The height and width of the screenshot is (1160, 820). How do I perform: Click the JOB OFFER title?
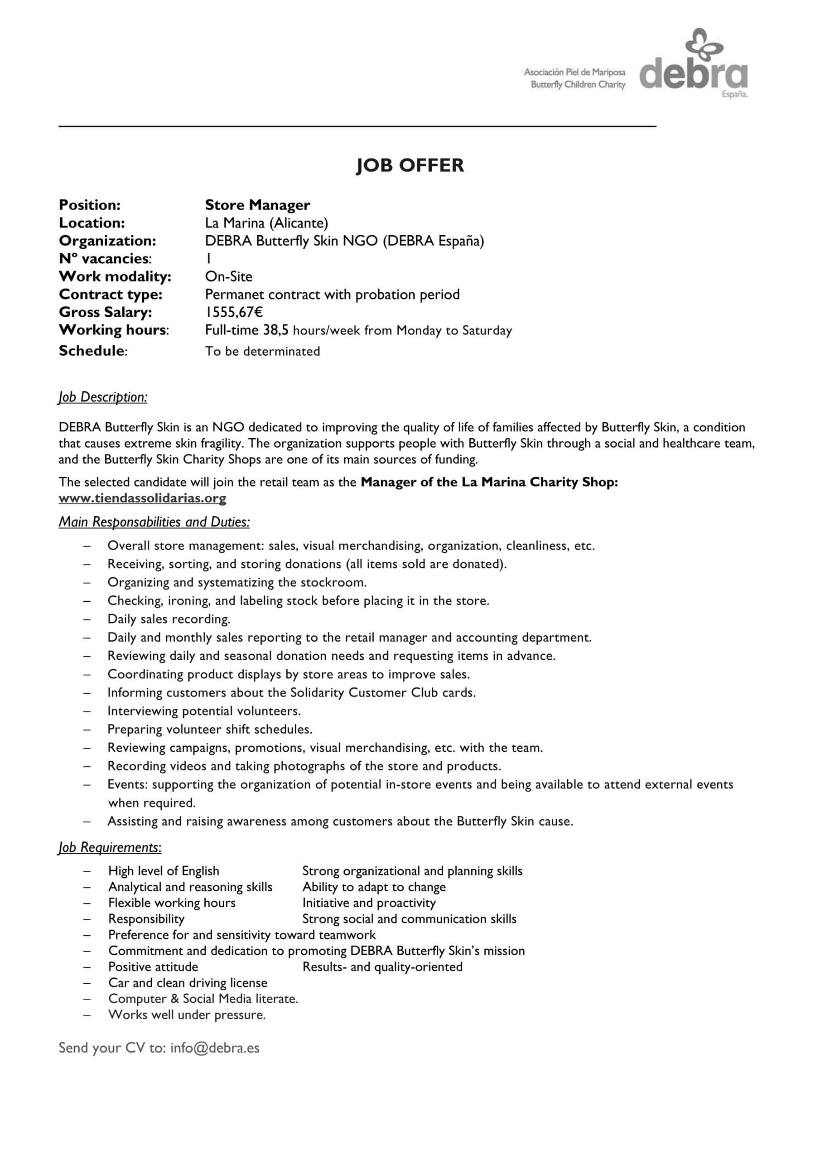click(x=410, y=165)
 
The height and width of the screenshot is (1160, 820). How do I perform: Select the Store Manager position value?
click(x=257, y=205)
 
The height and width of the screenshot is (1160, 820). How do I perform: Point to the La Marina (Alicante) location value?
click(x=266, y=223)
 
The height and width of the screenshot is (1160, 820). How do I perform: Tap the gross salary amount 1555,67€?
click(x=233, y=312)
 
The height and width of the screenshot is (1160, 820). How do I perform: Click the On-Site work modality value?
click(x=228, y=276)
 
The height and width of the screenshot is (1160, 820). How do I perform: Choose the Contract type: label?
click(x=111, y=294)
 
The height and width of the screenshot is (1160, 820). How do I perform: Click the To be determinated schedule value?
click(x=262, y=351)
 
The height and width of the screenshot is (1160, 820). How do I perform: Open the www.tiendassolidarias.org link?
click(x=142, y=498)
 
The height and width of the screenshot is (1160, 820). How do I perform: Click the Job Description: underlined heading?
click(x=103, y=397)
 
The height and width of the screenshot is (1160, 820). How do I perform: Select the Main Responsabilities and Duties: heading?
click(x=154, y=522)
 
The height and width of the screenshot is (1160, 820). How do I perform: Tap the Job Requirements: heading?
click(x=110, y=847)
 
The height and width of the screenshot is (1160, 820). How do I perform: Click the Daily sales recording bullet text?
click(x=169, y=619)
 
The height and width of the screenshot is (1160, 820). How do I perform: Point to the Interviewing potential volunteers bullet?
click(x=204, y=711)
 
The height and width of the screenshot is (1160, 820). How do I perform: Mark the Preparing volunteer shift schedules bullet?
click(x=210, y=729)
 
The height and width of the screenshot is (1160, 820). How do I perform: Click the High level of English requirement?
click(x=164, y=871)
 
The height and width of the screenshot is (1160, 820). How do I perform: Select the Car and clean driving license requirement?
click(x=188, y=983)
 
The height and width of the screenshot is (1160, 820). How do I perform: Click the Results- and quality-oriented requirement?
click(x=382, y=967)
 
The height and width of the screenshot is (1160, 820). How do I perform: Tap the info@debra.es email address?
click(x=215, y=1048)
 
